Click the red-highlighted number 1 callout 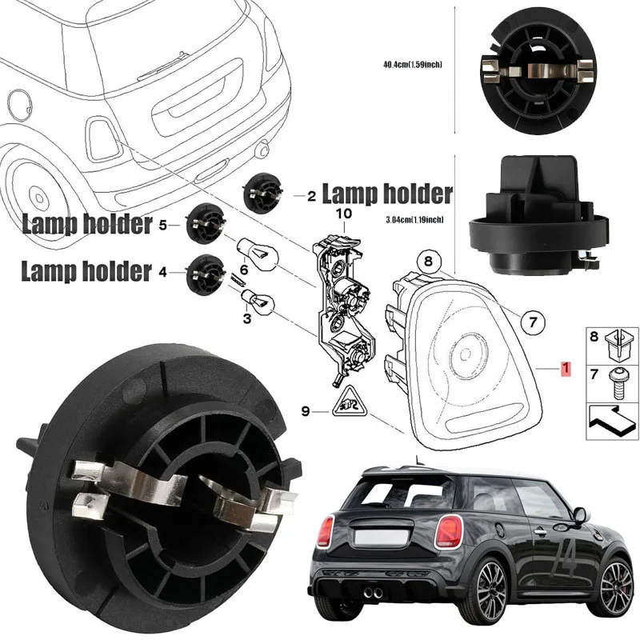(x=565, y=369)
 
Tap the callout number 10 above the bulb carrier (x=343, y=214)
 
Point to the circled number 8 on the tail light (x=428, y=261)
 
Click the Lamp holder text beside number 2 (x=387, y=194)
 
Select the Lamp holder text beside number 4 (x=86, y=272)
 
